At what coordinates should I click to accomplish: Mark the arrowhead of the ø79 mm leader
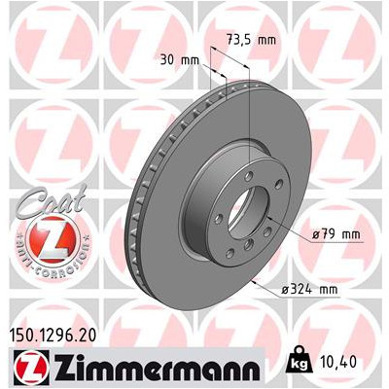261,228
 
